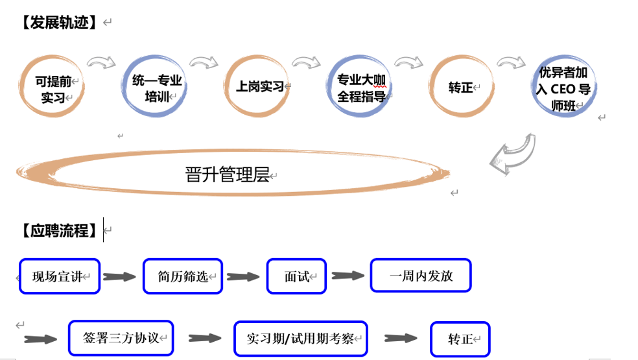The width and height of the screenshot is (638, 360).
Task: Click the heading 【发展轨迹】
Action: click(x=58, y=23)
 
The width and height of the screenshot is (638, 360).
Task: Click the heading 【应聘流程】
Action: click(x=58, y=230)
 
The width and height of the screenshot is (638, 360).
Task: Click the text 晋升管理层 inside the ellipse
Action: click(x=227, y=174)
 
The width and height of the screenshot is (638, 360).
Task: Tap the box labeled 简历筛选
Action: click(x=182, y=276)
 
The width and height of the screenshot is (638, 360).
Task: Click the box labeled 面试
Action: click(x=296, y=276)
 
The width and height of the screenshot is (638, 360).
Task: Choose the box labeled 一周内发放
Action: click(x=420, y=276)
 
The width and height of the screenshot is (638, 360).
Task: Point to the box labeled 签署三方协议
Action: click(x=121, y=338)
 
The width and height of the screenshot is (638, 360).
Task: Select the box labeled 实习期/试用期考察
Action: click(x=300, y=339)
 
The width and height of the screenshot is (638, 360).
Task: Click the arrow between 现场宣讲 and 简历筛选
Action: click(x=120, y=277)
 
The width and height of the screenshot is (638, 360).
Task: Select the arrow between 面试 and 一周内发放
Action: click(x=348, y=276)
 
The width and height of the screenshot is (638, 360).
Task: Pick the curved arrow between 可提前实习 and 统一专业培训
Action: click(x=101, y=63)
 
